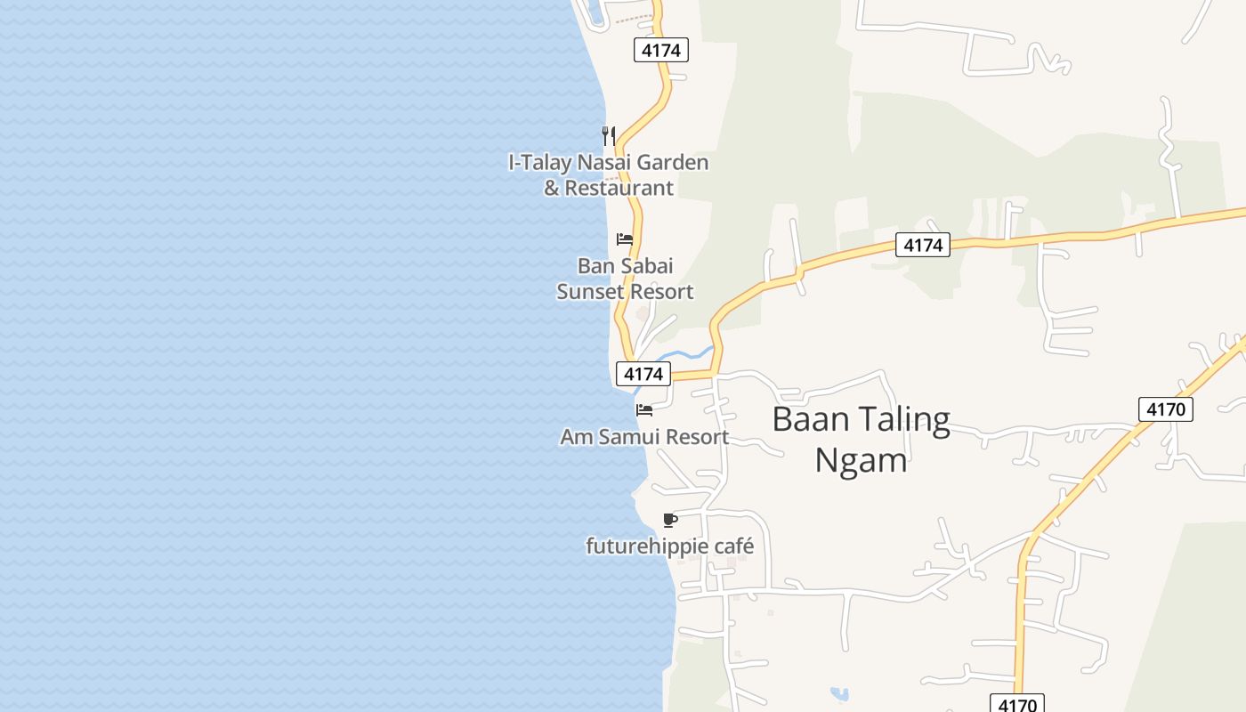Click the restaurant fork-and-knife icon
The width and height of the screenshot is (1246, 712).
click(609, 135)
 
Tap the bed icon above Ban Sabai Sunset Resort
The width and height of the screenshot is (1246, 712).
click(625, 239)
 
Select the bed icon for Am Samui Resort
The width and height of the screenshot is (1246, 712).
click(644, 410)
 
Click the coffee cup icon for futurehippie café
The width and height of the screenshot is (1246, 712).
click(670, 520)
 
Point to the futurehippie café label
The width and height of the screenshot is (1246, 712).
click(669, 546)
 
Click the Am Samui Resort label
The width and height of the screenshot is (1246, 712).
click(644, 437)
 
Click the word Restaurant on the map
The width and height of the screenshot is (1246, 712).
click(619, 189)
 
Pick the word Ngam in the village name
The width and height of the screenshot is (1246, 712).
click(861, 460)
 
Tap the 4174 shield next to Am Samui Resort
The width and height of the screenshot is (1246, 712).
click(643, 374)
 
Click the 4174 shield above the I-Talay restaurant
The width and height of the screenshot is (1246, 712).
click(661, 51)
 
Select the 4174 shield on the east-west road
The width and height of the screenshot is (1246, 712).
click(923, 245)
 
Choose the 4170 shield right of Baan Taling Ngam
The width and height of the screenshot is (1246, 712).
click(1166, 409)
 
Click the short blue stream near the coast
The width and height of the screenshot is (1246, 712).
click(685, 355)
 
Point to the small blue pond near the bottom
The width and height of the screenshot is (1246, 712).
click(838, 692)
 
